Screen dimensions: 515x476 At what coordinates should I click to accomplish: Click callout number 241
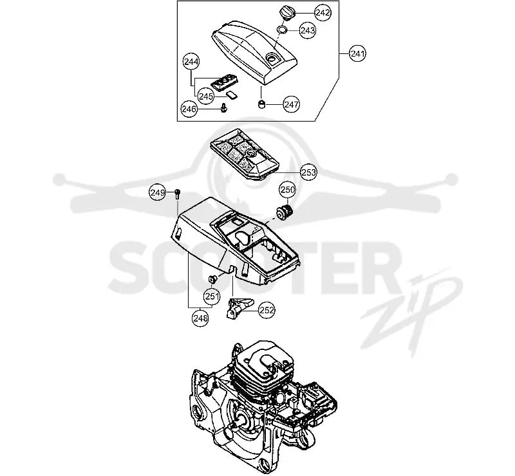357,53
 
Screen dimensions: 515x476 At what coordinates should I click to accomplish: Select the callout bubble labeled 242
323,13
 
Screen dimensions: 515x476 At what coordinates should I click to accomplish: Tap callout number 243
308,30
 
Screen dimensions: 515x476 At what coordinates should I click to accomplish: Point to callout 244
191,61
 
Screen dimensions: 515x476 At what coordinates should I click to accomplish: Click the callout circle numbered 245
206,96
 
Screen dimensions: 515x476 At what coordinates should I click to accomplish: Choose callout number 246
189,109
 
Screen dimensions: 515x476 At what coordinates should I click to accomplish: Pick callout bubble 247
292,104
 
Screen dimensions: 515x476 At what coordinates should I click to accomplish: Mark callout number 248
200,318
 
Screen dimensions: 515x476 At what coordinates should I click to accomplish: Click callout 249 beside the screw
158,192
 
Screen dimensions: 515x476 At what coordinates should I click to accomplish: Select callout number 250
288,189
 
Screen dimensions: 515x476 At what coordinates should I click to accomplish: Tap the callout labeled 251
212,297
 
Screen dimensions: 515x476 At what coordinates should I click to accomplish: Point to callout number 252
267,310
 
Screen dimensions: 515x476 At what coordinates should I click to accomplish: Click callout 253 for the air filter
308,172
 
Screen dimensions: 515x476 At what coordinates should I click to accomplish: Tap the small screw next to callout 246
224,107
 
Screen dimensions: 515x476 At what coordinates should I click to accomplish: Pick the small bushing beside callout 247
261,104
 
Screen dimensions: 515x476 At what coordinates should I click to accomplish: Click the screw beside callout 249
178,194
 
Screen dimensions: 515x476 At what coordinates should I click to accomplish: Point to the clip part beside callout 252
239,307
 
